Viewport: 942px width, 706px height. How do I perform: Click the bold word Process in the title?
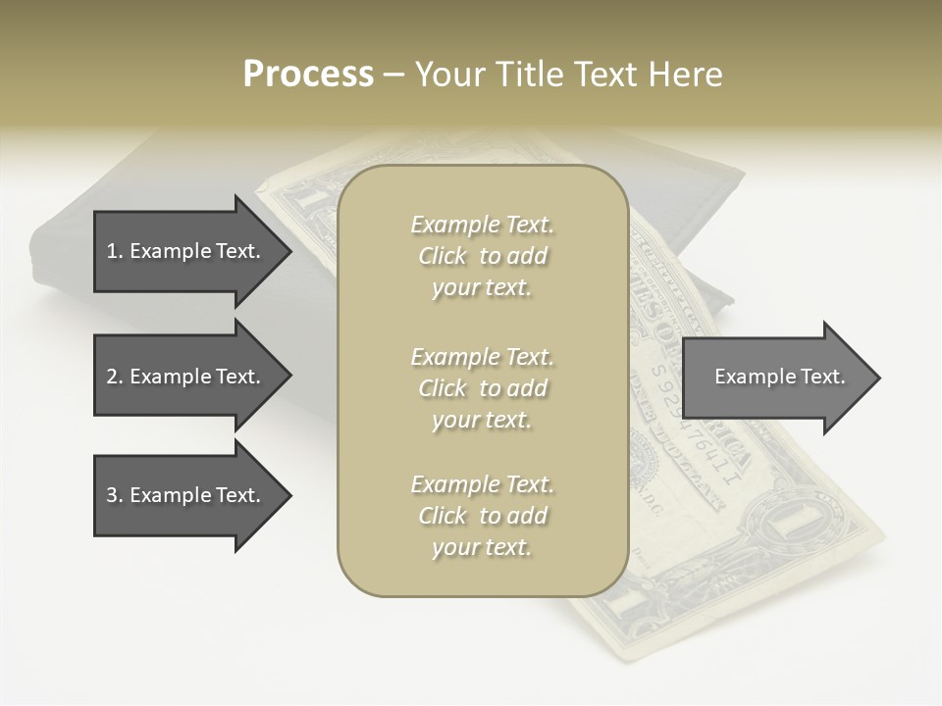click(308, 75)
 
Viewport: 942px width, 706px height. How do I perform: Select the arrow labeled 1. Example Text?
click(186, 251)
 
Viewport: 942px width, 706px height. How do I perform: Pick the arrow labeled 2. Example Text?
click(186, 377)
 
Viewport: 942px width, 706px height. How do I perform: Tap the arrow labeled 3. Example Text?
click(186, 495)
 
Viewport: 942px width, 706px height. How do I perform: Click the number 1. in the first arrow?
click(114, 251)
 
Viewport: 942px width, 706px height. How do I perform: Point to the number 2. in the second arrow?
click(114, 377)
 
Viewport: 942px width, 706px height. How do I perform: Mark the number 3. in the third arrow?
click(114, 495)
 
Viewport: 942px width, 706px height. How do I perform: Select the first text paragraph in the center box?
click(482, 256)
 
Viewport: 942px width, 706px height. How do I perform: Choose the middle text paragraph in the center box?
click(482, 388)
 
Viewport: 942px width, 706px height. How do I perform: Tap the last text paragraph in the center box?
click(482, 516)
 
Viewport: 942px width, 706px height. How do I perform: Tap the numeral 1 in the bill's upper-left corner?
click(313, 200)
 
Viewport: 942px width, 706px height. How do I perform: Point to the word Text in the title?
click(608, 75)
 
